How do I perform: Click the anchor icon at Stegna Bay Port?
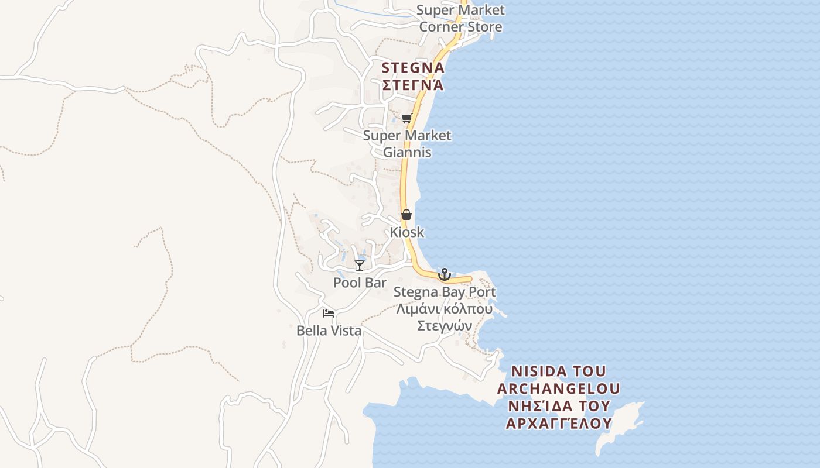click(445, 274)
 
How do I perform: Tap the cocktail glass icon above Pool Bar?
click(360, 266)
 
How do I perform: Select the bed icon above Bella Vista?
click(329, 314)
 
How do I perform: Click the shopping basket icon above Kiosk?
click(406, 215)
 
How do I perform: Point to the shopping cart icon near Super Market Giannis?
click(407, 119)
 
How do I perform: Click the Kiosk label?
click(407, 232)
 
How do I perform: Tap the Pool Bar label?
click(360, 283)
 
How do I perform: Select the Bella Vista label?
click(329, 331)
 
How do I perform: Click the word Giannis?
click(407, 152)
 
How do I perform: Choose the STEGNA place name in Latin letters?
click(413, 68)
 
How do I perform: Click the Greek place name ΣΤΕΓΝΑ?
click(413, 85)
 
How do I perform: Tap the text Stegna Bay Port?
click(445, 291)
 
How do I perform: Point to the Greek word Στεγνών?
click(445, 325)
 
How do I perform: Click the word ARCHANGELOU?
click(558, 388)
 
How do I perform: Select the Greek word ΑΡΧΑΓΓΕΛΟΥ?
click(558, 423)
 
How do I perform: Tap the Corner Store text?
click(460, 27)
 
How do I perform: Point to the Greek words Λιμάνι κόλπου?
click(445, 308)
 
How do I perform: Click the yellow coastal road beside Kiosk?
click(405, 193)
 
